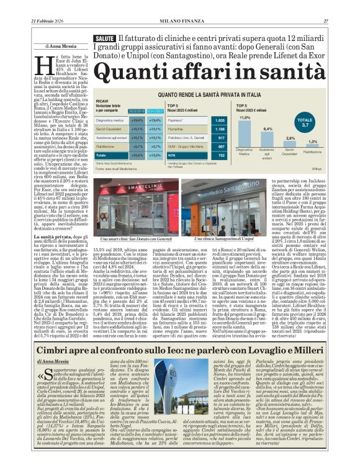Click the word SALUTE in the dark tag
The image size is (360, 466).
point(105,38)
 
